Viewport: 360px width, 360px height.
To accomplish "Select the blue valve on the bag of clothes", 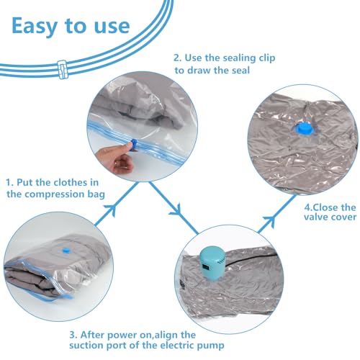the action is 66,251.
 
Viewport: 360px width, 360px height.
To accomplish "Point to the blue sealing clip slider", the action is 134,145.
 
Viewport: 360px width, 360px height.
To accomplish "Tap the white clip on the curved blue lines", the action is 63,69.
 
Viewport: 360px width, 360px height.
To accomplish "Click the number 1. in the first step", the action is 9,183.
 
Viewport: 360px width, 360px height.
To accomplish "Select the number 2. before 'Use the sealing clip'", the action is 178,58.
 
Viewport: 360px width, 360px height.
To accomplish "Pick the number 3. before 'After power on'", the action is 73,335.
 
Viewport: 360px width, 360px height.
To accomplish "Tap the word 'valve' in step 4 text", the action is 316,217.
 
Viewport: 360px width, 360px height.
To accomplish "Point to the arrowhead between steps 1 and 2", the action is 111,210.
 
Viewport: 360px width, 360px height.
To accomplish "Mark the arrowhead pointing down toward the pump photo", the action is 176,210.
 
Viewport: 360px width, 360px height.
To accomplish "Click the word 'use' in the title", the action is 112,26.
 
